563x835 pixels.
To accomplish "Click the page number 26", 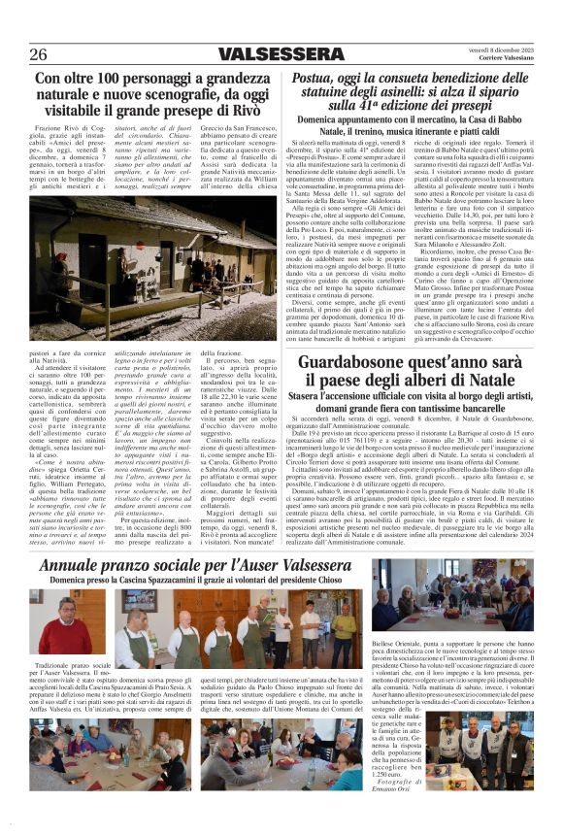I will pyautogui.click(x=38, y=53).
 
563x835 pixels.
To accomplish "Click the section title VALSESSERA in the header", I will pyautogui.click(x=281, y=53).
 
